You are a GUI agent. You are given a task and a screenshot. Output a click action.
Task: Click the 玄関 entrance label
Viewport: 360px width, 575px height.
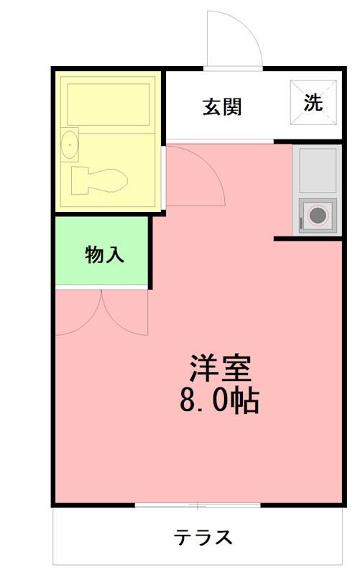pos(221,107)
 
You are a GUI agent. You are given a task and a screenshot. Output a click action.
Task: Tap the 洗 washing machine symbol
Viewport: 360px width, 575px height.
pos(313,103)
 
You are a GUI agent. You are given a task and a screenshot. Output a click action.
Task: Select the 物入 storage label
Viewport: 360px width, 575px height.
pos(105,254)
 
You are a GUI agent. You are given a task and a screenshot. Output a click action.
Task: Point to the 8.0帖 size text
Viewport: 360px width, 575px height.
pos(219,401)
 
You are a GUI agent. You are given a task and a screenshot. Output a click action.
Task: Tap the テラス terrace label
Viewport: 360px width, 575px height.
pos(203,537)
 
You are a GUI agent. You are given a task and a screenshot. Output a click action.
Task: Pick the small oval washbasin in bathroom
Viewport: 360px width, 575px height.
pos(70,145)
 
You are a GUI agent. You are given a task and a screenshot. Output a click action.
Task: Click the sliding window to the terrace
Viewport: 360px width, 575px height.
pos(198,505)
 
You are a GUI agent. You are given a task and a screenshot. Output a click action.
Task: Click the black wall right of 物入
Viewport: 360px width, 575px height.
pos(150,252)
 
